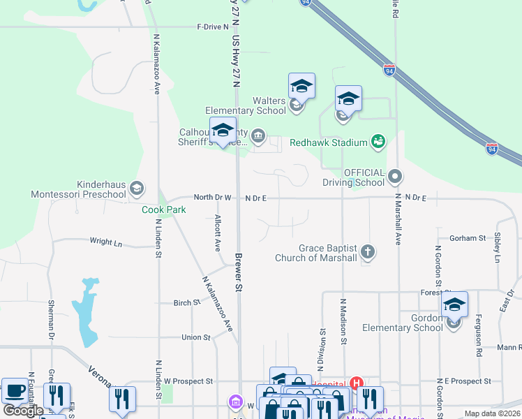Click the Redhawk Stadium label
pos(329,142)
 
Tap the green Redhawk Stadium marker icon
pos(378,142)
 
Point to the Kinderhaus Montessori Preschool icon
pos(137,188)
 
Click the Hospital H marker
pos(357,383)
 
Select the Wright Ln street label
pos(106,242)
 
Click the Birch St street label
pos(186,303)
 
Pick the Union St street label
pos(195,337)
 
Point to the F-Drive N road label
pos(213,27)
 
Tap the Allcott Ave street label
pos(217,233)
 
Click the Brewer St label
pos(238,272)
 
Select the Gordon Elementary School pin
pos(454,306)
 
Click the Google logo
pos(23,411)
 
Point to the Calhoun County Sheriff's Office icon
pos(258,135)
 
